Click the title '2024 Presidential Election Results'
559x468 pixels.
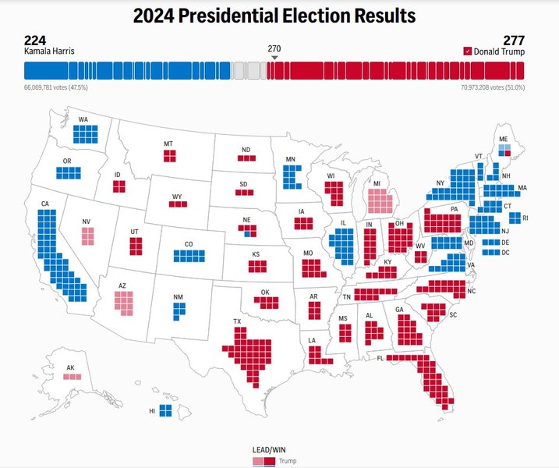pos(274,16)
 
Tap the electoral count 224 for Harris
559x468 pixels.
pos(36,41)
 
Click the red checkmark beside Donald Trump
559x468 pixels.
pos(467,51)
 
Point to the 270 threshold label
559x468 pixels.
pos(274,48)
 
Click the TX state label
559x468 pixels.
pos(238,321)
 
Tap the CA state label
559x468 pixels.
pos(45,204)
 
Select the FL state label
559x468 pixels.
pos(380,358)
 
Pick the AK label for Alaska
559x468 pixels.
pos(71,367)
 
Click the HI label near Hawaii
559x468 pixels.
pos(152,410)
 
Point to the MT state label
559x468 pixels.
pos(168,144)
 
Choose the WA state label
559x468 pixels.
pos(83,120)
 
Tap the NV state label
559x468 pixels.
pos(86,222)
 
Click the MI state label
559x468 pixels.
pos(377,184)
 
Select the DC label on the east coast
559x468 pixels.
pos(506,252)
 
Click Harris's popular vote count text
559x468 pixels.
pos(56,87)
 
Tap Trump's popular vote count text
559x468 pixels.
pos(493,87)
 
